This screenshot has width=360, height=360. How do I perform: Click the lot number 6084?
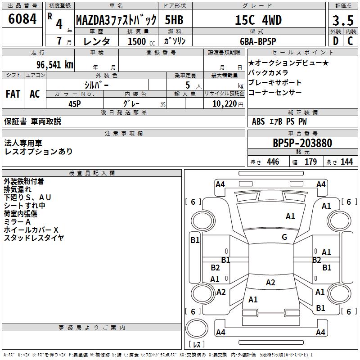[x=22, y=19]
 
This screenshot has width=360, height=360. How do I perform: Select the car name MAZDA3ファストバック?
[x=116, y=20]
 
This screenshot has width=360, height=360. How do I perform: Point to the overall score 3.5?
[x=342, y=21]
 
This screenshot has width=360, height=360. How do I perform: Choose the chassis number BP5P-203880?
[x=302, y=143]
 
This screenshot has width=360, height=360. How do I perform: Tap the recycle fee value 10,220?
[x=223, y=103]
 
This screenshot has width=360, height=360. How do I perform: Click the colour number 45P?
[x=75, y=103]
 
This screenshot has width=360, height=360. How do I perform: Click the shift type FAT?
[x=13, y=94]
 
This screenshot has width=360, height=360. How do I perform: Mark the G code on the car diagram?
[x=284, y=237]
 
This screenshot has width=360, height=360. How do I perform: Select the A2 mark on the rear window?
[x=270, y=283]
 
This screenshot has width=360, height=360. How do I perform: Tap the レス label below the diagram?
[x=197, y=345]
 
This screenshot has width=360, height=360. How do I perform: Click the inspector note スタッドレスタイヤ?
[x=34, y=238]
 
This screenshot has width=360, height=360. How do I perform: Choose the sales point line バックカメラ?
[x=268, y=73]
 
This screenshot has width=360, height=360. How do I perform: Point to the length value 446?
[x=273, y=162]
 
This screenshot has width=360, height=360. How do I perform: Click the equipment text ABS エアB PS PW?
[x=279, y=121]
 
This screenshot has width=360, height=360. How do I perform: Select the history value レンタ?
[x=98, y=41]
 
